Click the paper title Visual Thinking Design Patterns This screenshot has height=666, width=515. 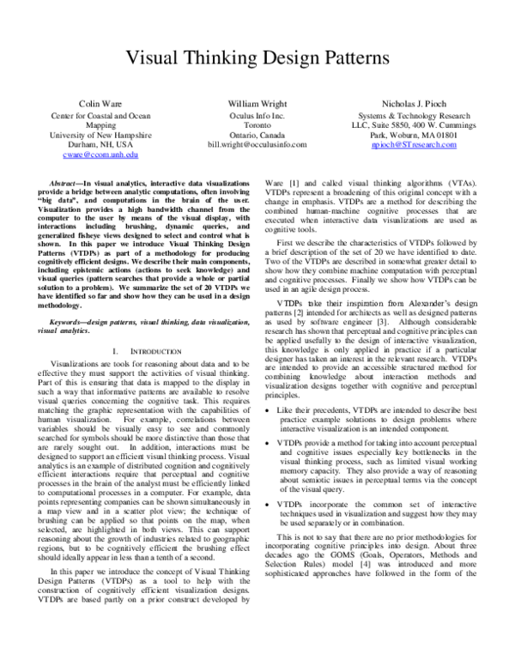[x=257, y=58]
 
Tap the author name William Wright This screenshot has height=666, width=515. [x=257, y=103]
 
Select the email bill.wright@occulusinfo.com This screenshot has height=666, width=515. [x=257, y=145]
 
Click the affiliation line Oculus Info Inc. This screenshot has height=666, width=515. [x=257, y=114]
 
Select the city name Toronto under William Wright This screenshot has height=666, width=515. [x=257, y=124]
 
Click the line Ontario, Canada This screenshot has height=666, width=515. [x=257, y=135]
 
